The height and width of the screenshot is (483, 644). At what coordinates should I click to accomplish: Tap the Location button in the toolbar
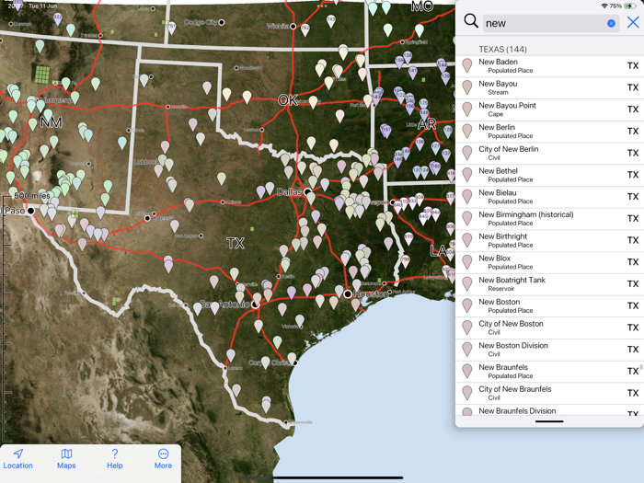17,458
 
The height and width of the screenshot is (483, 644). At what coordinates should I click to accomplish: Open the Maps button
66,458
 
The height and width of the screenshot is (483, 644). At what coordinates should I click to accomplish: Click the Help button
114,458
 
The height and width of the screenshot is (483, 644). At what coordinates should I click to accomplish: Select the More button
163,458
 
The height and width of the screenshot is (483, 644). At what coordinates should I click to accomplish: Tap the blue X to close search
633,23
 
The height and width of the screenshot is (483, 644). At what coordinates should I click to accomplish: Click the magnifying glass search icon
471,22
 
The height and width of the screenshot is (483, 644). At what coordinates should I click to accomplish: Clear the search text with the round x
611,23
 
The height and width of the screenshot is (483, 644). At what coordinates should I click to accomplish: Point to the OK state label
288,100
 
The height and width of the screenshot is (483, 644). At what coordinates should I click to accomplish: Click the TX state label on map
236,244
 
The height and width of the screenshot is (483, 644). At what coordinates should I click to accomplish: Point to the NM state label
52,122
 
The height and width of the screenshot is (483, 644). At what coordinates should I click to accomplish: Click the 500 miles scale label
32,196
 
